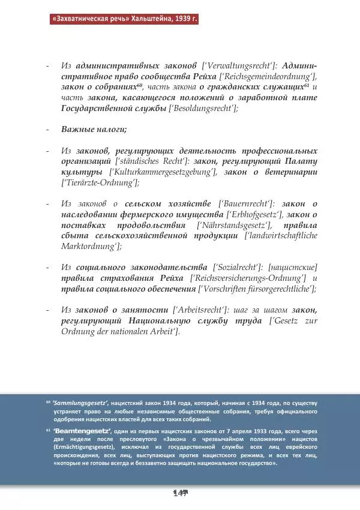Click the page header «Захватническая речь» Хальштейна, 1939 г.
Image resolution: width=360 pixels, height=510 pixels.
[124, 19]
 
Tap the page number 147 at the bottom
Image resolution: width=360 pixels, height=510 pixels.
[180, 493]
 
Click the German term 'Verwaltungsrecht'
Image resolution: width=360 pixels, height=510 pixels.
[247, 65]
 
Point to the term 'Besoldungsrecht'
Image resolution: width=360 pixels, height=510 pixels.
[204, 108]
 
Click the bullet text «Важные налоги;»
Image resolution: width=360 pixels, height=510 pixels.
[94, 130]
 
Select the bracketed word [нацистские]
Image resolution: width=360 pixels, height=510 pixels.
[293, 267]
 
